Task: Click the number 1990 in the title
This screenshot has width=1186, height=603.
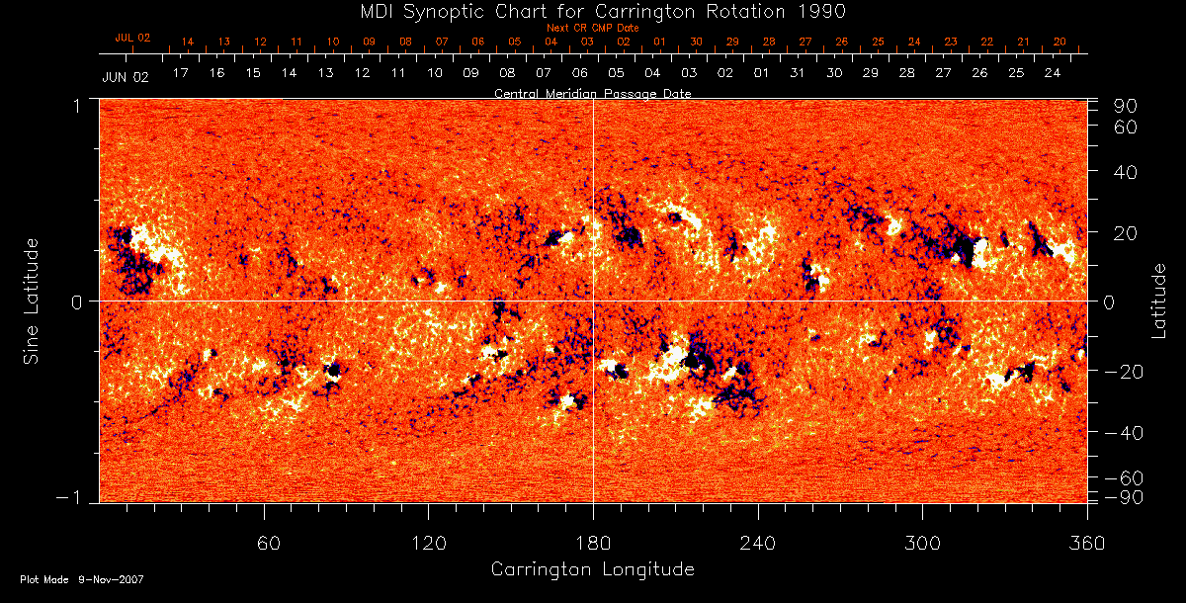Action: [x=825, y=11]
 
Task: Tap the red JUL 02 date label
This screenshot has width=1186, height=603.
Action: [x=132, y=38]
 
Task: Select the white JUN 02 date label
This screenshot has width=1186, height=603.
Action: [x=125, y=77]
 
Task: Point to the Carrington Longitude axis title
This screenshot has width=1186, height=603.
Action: [x=592, y=569]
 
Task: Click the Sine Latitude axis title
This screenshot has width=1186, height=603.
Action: [x=32, y=300]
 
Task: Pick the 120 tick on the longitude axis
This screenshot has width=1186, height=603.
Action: [x=429, y=543]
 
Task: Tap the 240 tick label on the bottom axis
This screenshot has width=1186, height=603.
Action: [x=758, y=543]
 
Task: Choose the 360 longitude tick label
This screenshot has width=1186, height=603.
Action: [x=1087, y=543]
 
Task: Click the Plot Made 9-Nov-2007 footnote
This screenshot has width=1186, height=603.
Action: [x=82, y=579]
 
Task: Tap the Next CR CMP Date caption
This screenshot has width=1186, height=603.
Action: [x=592, y=29]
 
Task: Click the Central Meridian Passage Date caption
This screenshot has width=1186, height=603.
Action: [x=592, y=93]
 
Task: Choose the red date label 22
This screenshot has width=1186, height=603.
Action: [x=986, y=43]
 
